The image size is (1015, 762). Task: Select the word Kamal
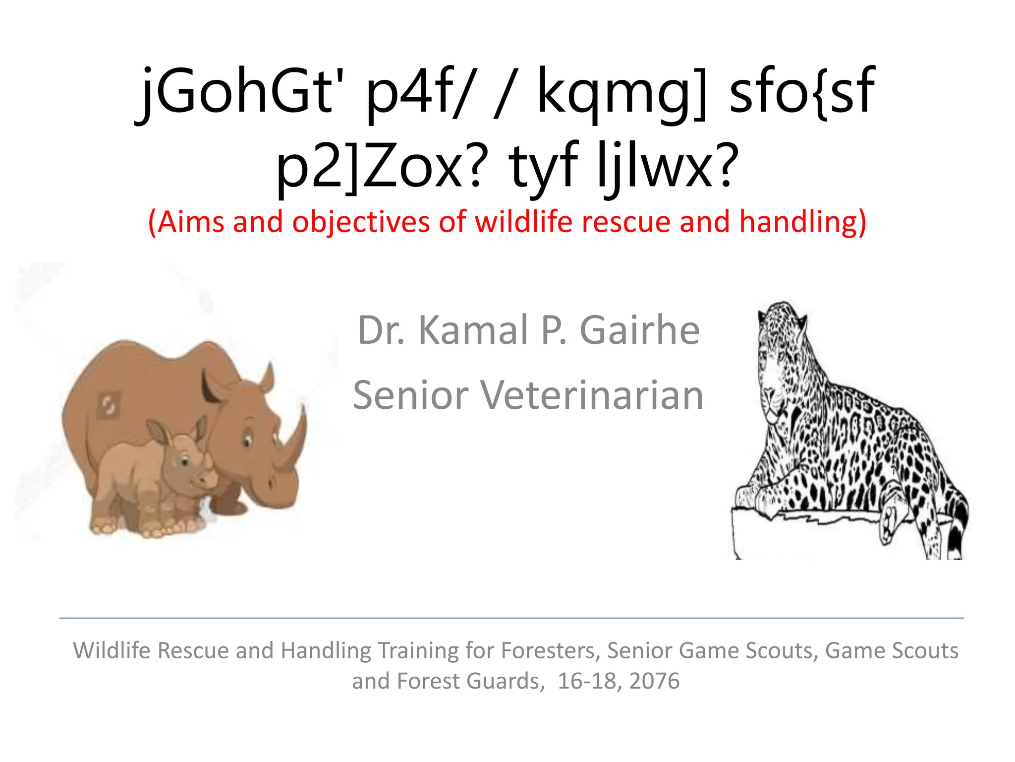click(x=473, y=331)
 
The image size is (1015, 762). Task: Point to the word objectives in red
click(x=361, y=223)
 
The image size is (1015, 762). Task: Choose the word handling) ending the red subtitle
click(x=803, y=223)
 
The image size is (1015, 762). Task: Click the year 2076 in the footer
click(x=654, y=681)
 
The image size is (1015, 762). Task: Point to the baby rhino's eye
click(x=185, y=462)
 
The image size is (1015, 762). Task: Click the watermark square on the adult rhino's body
click(x=109, y=406)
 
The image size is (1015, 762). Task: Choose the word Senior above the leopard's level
click(x=411, y=395)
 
